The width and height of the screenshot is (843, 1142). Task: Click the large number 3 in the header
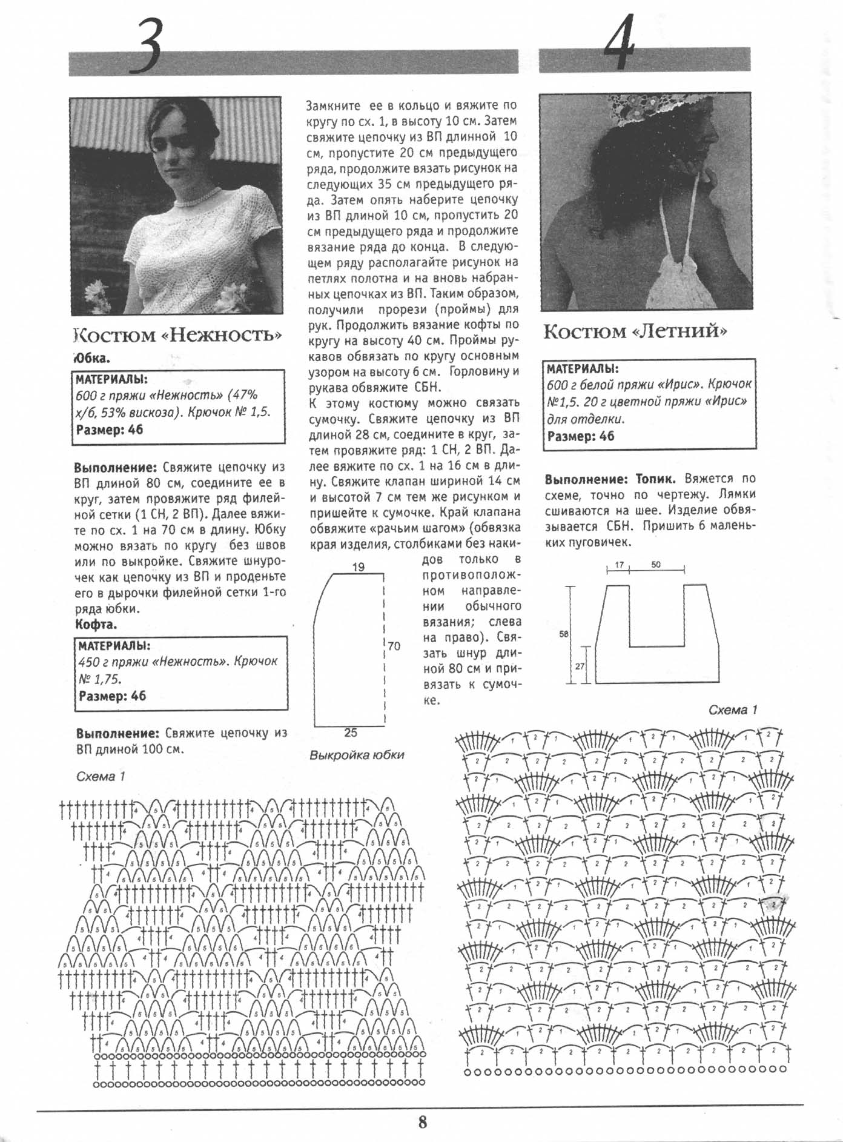point(149,45)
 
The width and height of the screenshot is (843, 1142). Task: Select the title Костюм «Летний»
point(635,332)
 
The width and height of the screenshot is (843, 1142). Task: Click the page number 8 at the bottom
point(422,1121)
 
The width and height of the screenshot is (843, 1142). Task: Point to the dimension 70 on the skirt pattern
point(394,646)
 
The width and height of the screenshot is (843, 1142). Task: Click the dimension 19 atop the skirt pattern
point(358,567)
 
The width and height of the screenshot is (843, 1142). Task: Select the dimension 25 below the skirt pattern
point(351,733)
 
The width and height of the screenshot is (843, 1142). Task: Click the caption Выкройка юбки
point(356,755)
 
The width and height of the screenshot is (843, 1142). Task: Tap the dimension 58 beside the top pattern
point(564,634)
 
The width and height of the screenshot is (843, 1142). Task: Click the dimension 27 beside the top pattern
point(580,666)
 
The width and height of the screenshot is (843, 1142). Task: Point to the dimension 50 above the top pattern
point(656,565)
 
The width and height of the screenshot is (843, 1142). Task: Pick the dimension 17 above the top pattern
point(619,565)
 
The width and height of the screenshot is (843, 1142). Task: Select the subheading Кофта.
point(96,624)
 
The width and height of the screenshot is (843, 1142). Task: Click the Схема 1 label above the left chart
point(101,777)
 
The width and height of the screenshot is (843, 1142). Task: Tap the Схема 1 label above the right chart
point(733,710)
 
